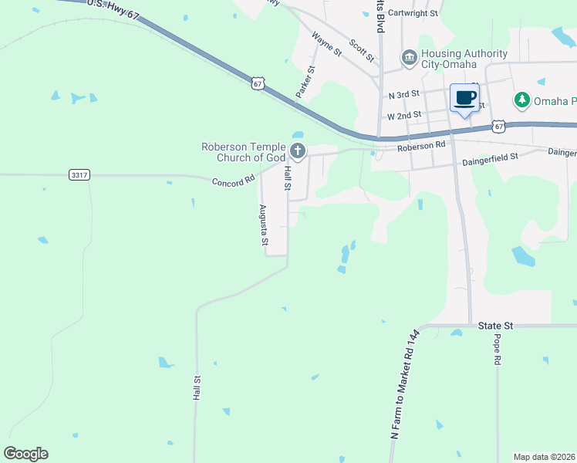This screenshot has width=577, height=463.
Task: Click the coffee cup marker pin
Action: coord(464,99)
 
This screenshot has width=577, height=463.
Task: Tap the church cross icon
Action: coord(298,151)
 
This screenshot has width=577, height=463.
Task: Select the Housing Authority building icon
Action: coord(409,58)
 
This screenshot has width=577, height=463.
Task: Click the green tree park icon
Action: coord(522,101)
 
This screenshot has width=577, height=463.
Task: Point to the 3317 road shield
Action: coord(79,175)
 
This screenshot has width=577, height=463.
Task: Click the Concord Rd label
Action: coord(233,181)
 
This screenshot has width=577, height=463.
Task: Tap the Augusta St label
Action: coord(264,225)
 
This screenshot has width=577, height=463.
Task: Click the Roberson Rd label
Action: coord(421,144)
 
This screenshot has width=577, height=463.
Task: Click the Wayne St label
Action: coord(327,44)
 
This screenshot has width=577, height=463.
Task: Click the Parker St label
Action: coord(305,82)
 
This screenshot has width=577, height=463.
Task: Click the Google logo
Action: coord(25,454)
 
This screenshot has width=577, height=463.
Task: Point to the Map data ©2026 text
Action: coord(543,457)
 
